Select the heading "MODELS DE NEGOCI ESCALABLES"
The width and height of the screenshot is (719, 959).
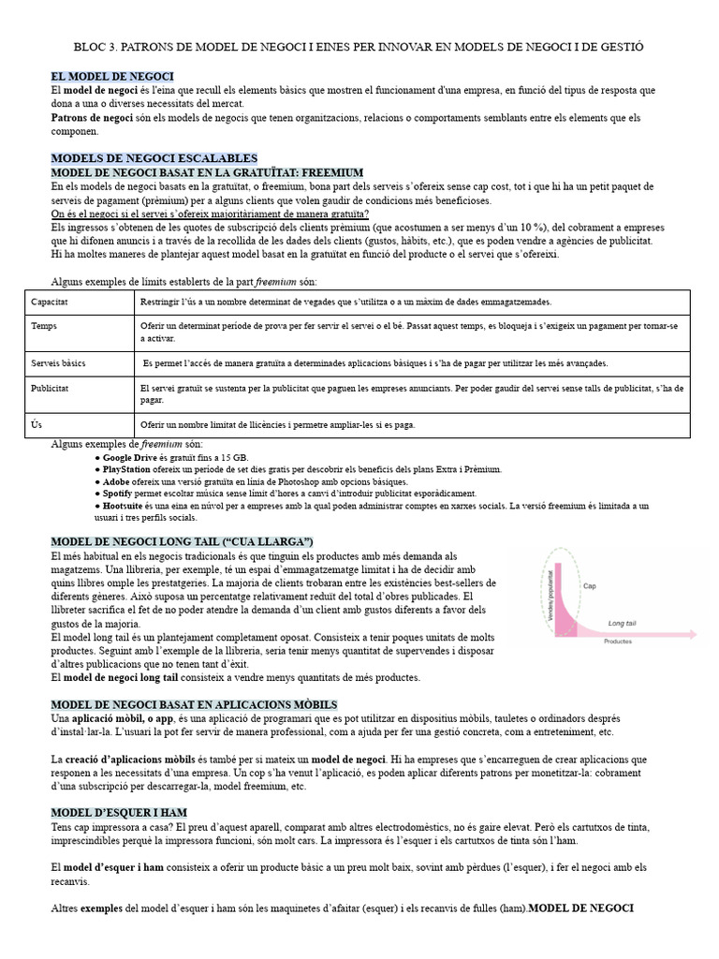click(x=154, y=158)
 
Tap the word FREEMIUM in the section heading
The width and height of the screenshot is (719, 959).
click(x=301, y=172)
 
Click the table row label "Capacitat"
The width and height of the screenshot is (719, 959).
click(x=50, y=302)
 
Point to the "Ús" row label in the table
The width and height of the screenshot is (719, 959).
click(x=37, y=424)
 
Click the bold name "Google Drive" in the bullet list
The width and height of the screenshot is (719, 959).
click(x=130, y=456)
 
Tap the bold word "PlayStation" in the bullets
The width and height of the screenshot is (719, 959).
click(x=128, y=468)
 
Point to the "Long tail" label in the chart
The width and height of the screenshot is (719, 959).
click(x=623, y=622)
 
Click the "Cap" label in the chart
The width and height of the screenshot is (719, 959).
click(x=590, y=586)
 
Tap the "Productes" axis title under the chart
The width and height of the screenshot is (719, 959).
click(x=617, y=642)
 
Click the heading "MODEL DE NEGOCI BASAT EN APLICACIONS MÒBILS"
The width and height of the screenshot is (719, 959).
click(x=194, y=704)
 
